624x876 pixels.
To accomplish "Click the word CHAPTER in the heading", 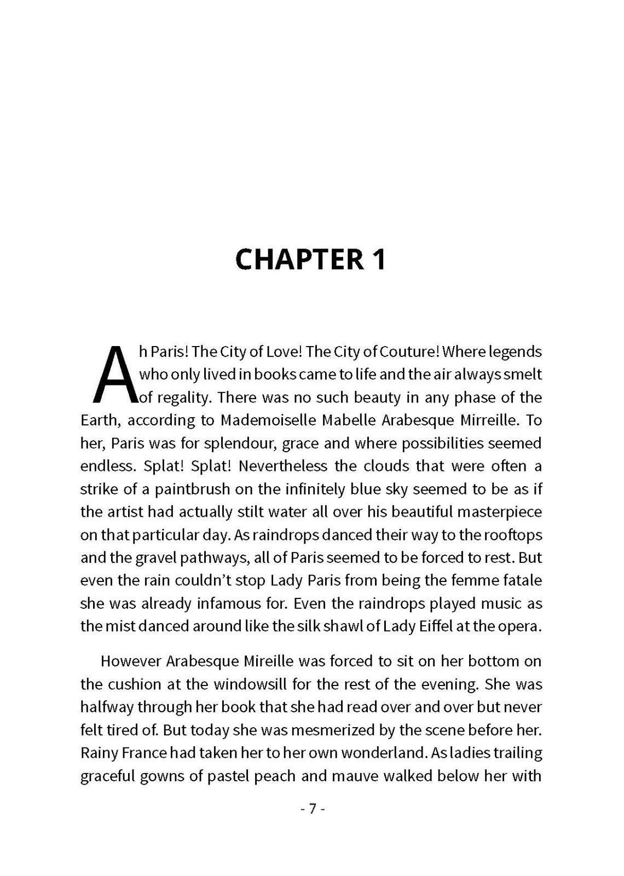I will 299,260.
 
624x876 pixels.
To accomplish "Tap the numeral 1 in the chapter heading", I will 379,260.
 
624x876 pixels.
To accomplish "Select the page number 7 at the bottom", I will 313,809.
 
